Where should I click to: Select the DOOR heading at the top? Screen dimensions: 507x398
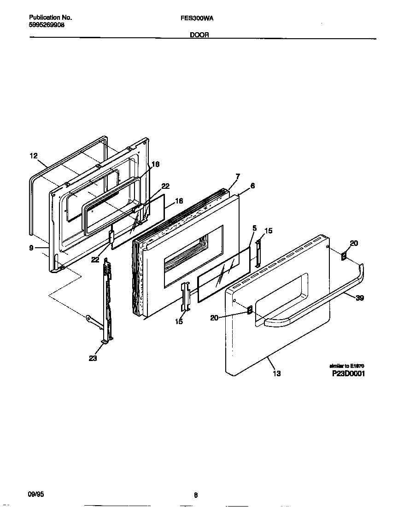(x=200, y=35)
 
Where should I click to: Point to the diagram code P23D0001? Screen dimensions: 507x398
(x=348, y=373)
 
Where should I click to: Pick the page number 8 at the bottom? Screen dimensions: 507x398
(x=196, y=495)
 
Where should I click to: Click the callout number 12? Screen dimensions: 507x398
(x=34, y=156)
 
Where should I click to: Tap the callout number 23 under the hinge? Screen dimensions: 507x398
(x=93, y=358)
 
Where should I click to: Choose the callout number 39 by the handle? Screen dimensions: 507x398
(x=360, y=298)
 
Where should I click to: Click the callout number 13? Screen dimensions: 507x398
(x=276, y=373)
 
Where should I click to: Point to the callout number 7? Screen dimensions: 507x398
(x=238, y=176)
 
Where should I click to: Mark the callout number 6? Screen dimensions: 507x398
(x=252, y=186)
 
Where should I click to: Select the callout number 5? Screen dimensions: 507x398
(x=254, y=228)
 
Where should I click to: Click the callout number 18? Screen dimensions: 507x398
(x=156, y=164)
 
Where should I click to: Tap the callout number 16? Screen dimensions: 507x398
(x=179, y=201)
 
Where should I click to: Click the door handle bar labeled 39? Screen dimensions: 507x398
(x=318, y=299)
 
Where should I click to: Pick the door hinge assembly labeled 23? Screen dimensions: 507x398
(x=107, y=304)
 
